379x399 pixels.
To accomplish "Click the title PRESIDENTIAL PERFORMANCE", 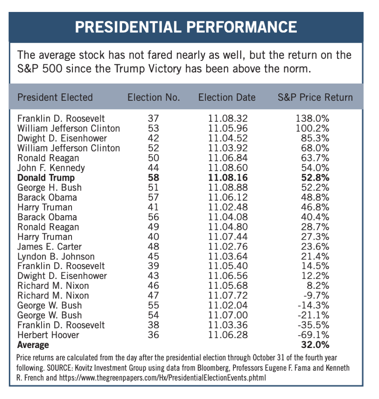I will (186, 27).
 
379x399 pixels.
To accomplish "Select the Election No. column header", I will (153, 97).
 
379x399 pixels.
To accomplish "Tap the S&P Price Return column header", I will (315, 97).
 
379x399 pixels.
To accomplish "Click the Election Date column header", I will (227, 97).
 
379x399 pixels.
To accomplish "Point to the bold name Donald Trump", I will (46, 178).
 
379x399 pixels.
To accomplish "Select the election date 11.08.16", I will (228, 178).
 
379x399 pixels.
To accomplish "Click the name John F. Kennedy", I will (51, 168).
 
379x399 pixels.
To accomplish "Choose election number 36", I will (153, 335).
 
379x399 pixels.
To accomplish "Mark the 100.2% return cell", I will (313, 128).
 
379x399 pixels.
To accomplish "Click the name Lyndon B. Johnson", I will (56, 256).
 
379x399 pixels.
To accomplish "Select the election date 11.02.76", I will (228, 246).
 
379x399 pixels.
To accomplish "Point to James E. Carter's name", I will (49, 246).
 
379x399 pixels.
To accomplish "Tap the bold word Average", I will (33, 345).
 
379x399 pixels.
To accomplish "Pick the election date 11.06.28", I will (228, 335).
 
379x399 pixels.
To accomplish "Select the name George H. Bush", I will (49, 188).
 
